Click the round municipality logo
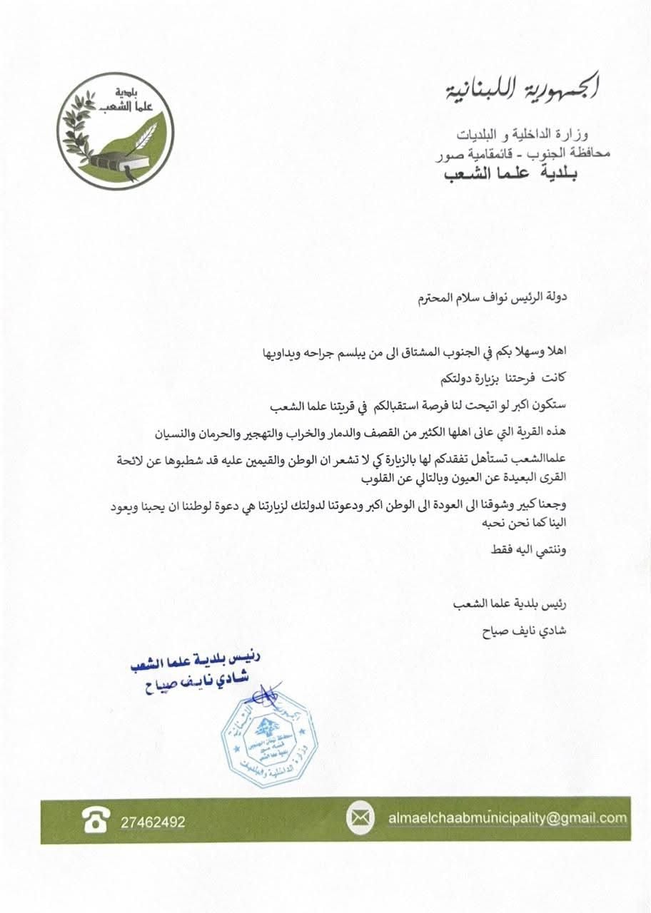(x=116, y=131)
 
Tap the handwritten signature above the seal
(x=258, y=692)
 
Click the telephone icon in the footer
(x=95, y=820)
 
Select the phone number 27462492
(x=153, y=822)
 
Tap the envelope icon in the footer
(x=360, y=818)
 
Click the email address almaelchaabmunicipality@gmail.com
(x=508, y=818)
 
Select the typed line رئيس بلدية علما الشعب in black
(x=515, y=604)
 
